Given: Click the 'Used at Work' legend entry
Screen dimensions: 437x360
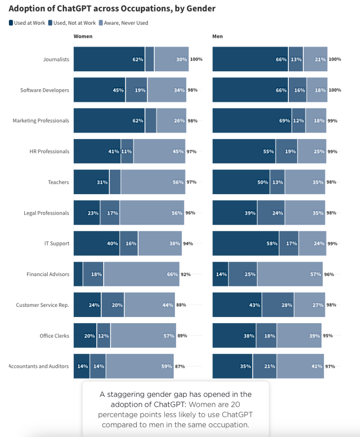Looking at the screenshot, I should pyautogui.click(x=27, y=23).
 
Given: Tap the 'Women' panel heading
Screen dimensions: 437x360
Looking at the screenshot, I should pyautogui.click(x=83, y=37).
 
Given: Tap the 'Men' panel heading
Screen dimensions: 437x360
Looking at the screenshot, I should pyautogui.click(x=218, y=37).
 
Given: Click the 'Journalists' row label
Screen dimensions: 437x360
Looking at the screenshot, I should pyautogui.click(x=56, y=59).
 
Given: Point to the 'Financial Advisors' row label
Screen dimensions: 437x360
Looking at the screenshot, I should pyautogui.click(x=47, y=274).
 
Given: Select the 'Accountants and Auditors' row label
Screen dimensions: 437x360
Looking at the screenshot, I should pyautogui.click(x=39, y=366).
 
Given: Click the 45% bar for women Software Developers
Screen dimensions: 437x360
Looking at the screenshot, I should pyautogui.click(x=99, y=90).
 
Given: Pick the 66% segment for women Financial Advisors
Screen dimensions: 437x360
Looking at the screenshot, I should pyautogui.click(x=141, y=274).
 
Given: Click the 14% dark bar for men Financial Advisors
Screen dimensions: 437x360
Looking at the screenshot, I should pyautogui.click(x=220, y=274).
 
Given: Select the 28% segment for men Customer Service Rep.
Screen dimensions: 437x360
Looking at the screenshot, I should pyautogui.click(x=278, y=305).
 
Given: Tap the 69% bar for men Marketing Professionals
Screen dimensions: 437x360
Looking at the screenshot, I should pyautogui.click(x=252, y=121).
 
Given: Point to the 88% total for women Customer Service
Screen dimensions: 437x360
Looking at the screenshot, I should pyautogui.click(x=181, y=305).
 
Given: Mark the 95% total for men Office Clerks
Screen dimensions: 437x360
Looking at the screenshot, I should pyautogui.click(x=328, y=336).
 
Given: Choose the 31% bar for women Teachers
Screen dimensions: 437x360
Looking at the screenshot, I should pyautogui.click(x=91, y=182).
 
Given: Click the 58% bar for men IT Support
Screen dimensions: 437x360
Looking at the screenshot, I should pyautogui.click(x=246, y=244).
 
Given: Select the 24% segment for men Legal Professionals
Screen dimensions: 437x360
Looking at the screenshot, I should pyautogui.click(x=271, y=213).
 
